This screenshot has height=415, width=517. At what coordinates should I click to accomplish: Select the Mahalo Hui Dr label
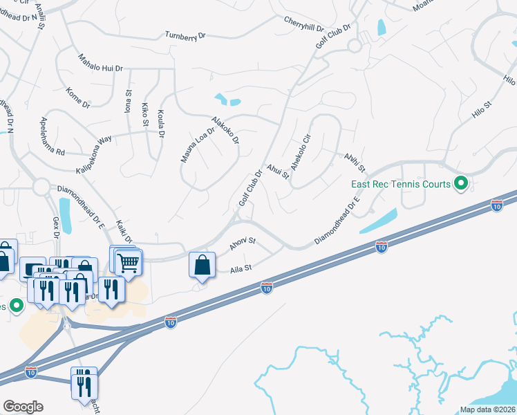(x=100, y=64)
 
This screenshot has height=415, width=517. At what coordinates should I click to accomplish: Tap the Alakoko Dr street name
(x=225, y=130)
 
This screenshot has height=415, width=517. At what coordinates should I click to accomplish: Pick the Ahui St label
(x=277, y=169)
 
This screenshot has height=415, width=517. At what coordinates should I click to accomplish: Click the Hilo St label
(x=482, y=112)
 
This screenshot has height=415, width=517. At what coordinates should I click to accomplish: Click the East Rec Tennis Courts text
(x=400, y=185)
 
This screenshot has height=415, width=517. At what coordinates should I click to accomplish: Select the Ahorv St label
(x=243, y=244)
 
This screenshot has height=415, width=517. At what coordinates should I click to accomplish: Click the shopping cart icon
(x=128, y=263)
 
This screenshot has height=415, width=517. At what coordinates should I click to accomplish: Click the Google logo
(x=23, y=407)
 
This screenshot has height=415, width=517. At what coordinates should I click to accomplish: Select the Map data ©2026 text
(x=488, y=409)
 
